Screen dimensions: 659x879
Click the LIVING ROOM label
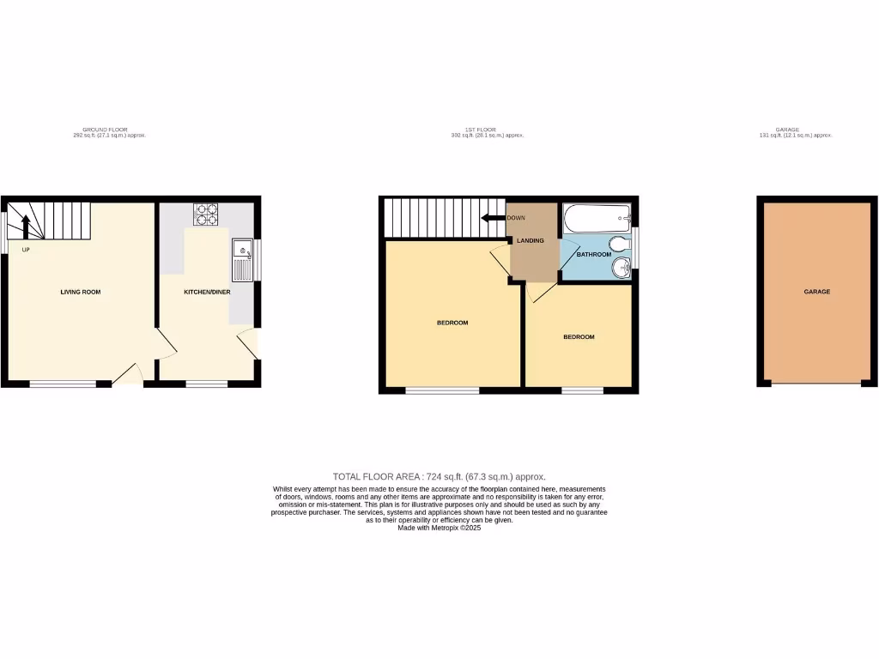click(x=81, y=292)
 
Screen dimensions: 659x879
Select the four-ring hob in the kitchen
click(x=206, y=213)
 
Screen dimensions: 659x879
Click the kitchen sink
click(x=241, y=259)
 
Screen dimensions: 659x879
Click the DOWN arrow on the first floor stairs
click(x=493, y=218)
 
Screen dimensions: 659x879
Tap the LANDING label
click(x=530, y=240)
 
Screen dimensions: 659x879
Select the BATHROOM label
click(x=593, y=255)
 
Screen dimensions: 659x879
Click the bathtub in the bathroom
click(x=597, y=218)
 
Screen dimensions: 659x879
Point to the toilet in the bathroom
click(x=621, y=241)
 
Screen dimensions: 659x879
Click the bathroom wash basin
click(x=621, y=269)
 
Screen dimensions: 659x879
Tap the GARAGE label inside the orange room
click(x=816, y=292)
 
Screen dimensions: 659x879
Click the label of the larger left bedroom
click(x=452, y=323)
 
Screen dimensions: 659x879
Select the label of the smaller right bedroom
click(x=579, y=337)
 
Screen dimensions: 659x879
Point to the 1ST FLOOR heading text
click(x=486, y=130)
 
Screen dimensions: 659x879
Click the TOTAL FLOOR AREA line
click(x=439, y=476)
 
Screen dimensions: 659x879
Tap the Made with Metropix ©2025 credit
click(x=439, y=529)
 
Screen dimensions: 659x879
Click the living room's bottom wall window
click(x=63, y=383)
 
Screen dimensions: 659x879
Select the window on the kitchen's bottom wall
click(x=207, y=383)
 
